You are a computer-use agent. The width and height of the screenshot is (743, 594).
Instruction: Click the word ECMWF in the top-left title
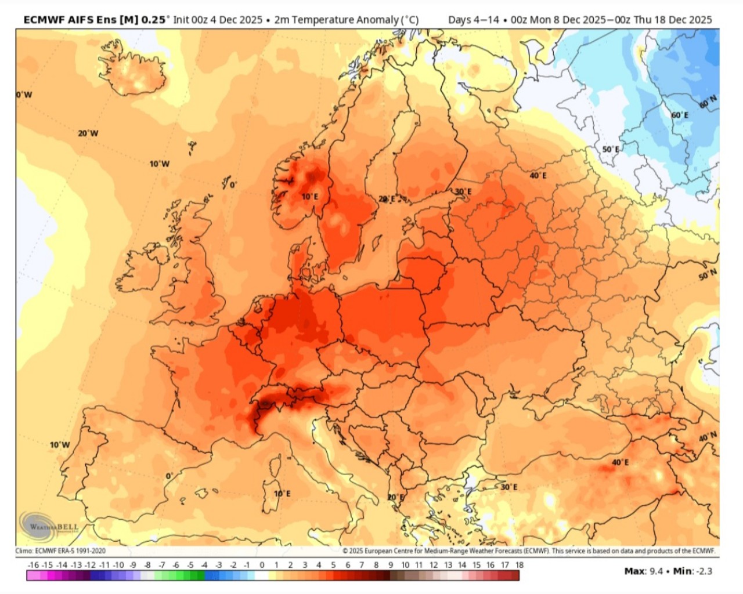(44, 20)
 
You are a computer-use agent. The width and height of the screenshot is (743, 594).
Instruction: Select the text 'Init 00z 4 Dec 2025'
(218, 20)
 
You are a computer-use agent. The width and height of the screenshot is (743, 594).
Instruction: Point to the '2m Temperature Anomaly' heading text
(346, 20)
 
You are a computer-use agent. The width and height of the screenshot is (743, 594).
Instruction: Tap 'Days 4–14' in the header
(473, 20)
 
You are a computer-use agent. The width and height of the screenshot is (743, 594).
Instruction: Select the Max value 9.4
(656, 571)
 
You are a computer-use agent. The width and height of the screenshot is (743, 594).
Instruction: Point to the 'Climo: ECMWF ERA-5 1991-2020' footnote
(60, 551)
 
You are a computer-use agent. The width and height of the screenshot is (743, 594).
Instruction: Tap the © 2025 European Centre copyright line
(528, 551)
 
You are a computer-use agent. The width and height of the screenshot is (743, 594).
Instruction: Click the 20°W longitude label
(88, 133)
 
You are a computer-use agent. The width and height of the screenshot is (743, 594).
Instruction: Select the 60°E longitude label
(680, 115)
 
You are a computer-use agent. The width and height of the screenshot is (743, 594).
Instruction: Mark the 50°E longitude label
(610, 149)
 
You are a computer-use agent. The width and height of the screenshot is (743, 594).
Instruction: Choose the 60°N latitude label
(708, 102)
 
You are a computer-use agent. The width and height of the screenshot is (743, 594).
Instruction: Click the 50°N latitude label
(707, 275)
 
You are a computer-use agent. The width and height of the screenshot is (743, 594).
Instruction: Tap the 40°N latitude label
(707, 436)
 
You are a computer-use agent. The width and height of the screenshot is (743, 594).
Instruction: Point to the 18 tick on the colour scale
(519, 564)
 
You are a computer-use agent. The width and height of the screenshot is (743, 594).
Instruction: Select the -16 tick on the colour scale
(33, 564)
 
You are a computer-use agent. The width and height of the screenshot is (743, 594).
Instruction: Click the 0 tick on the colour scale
(262, 564)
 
